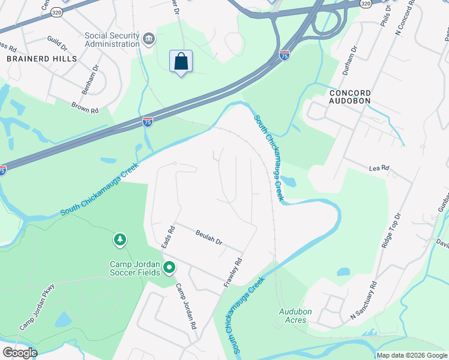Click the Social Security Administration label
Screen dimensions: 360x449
pyautogui.click(x=113, y=40)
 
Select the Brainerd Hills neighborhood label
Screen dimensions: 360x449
pyautogui.click(x=42, y=59)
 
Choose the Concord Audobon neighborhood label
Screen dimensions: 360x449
pyautogui.click(x=349, y=97)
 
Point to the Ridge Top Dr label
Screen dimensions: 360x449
pyautogui.click(x=391, y=230)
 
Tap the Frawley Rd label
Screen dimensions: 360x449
pyautogui.click(x=234, y=272)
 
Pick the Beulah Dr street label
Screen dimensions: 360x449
pyautogui.click(x=209, y=238)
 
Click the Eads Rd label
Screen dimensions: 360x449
pyautogui.click(x=168, y=237)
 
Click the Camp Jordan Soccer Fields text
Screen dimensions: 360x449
pyautogui.click(x=134, y=268)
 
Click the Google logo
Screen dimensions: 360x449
pyautogui.click(x=20, y=353)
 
